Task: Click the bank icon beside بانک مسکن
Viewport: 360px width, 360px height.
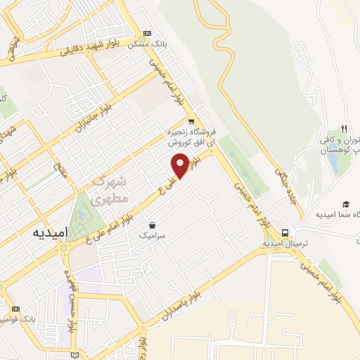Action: pos(147,33)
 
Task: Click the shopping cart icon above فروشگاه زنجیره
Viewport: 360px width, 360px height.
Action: pos(191,121)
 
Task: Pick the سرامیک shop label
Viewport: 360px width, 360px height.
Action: pos(151,237)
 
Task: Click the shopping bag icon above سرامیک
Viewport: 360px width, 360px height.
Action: pos(152,225)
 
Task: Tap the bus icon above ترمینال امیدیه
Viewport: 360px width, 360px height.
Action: pos(285,232)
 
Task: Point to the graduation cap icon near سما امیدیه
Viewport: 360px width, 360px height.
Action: pos(346,203)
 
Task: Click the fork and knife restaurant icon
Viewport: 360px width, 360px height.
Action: pos(345,129)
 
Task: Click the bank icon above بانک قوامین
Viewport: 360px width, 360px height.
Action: pos(16,309)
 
